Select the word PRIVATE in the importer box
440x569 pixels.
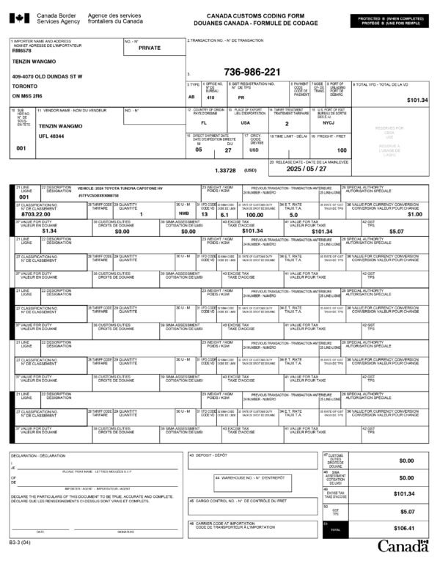click(x=149, y=48)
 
